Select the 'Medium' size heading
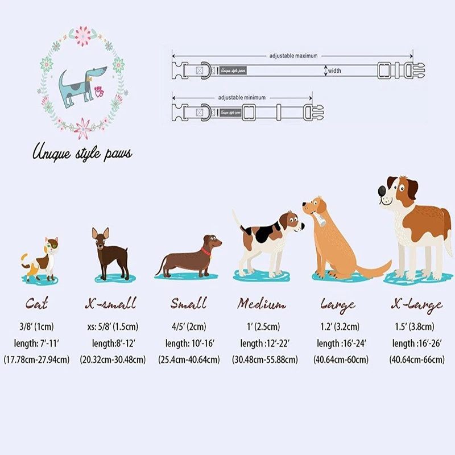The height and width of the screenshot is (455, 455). (261, 304)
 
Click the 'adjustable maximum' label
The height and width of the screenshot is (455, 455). (293, 56)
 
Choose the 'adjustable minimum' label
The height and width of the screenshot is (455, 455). (242, 97)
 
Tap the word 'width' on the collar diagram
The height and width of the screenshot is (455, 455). (334, 71)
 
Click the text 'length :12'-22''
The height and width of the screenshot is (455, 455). (264, 343)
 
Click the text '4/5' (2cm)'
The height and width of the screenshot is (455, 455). (188, 326)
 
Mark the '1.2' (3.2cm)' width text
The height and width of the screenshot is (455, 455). (341, 326)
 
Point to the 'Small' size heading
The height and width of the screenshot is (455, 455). (188, 304)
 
